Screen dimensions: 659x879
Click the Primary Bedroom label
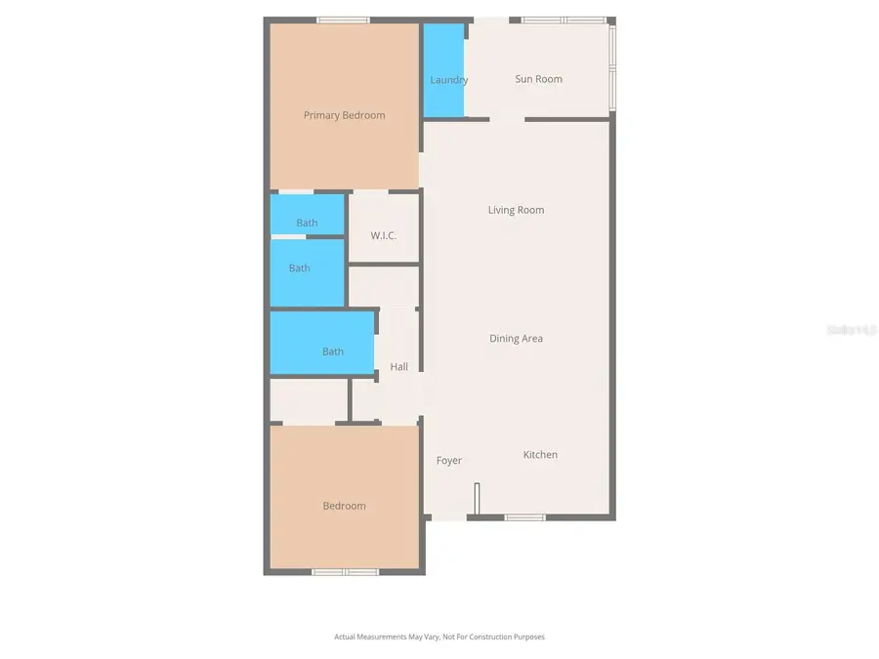click(344, 115)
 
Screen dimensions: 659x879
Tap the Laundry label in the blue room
click(448, 80)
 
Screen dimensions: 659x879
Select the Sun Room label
click(538, 79)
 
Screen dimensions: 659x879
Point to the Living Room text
click(516, 210)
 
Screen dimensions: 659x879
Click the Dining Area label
click(516, 339)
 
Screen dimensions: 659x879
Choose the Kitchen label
click(540, 455)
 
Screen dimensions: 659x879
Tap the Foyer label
click(448, 461)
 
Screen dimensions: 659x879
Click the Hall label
click(398, 367)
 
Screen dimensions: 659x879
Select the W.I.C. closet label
click(383, 236)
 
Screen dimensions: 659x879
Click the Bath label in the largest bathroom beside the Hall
click(332, 351)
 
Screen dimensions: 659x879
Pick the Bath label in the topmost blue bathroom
click(307, 223)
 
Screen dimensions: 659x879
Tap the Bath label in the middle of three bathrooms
click(299, 268)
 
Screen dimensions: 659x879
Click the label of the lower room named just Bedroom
click(344, 506)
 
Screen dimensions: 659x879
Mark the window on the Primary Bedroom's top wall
click(343, 20)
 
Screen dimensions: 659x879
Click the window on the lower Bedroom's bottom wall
click(345, 571)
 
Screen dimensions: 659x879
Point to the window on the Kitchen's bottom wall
click(524, 516)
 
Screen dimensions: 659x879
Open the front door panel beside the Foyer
click(477, 498)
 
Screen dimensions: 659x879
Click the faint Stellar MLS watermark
click(852, 330)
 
